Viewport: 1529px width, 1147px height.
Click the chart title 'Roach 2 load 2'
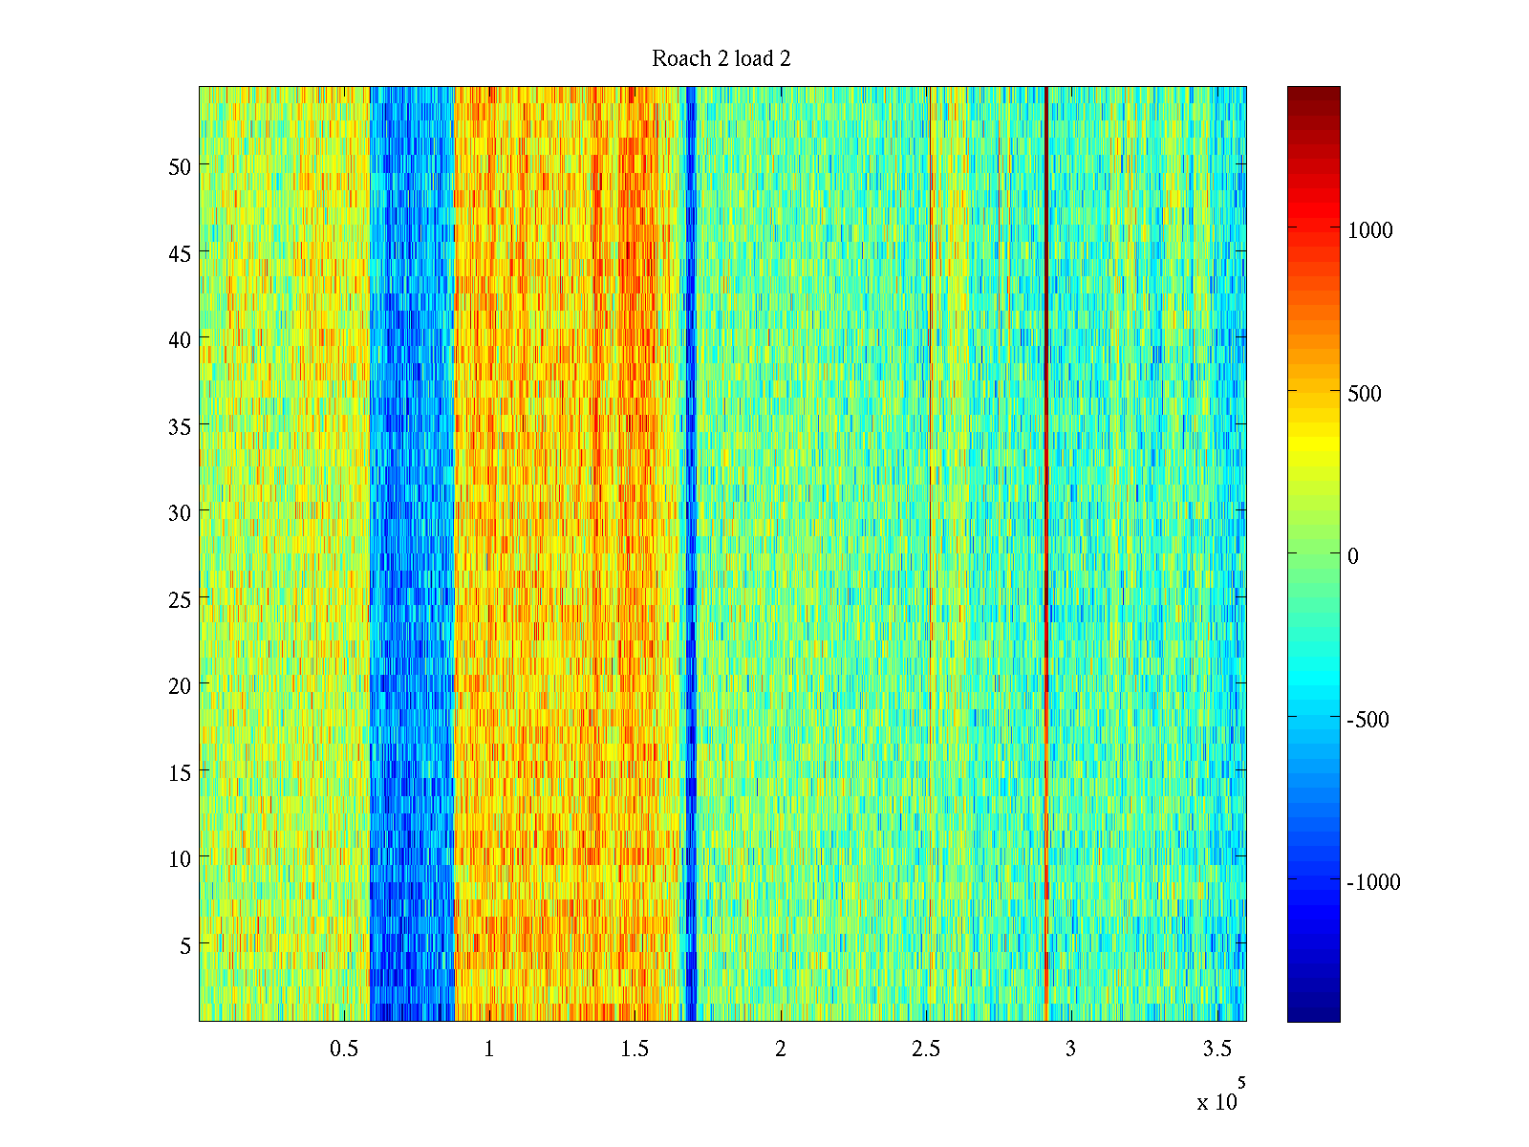721,59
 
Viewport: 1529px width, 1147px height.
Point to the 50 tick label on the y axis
180,166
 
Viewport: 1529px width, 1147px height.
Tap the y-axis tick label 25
180,599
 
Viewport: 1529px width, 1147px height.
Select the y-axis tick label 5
185,945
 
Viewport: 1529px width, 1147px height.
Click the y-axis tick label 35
180,426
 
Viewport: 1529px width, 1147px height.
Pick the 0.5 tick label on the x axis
344,1050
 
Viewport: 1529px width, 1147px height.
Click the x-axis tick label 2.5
925,1050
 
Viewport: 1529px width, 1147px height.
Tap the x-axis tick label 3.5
1217,1050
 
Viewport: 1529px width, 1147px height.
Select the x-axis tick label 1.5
635,1050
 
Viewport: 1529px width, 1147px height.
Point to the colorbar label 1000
1370,230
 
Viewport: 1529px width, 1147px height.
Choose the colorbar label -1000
1373,882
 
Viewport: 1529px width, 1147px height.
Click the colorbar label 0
1352,556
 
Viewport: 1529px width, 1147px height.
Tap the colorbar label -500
1367,720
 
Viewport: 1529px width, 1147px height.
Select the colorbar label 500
1365,394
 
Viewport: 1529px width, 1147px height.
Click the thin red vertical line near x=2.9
1047,478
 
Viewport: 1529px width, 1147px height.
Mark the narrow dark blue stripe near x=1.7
691,478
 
